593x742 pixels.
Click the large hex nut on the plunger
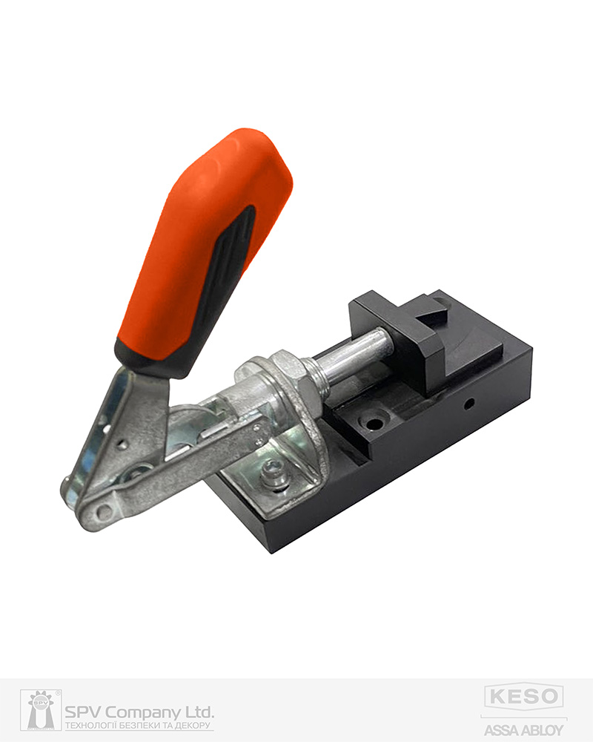pos(294,384)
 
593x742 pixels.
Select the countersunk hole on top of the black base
pos(374,423)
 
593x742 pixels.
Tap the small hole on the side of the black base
pos(468,404)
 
